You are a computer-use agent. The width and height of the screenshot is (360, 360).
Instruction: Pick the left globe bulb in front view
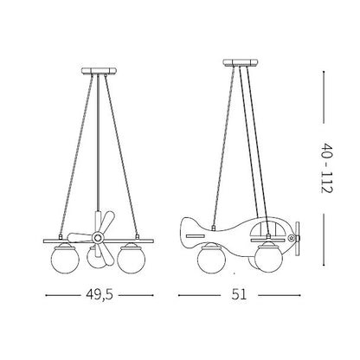tap(62, 258)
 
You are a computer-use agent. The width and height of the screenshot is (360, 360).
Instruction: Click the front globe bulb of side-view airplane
tap(269, 258)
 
